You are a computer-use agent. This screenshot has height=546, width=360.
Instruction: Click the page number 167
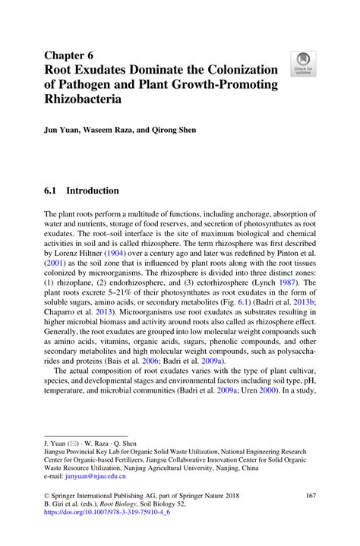pyautogui.click(x=309, y=495)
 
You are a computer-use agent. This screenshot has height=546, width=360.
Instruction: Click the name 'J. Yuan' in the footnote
pyautogui.click(x=57, y=441)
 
